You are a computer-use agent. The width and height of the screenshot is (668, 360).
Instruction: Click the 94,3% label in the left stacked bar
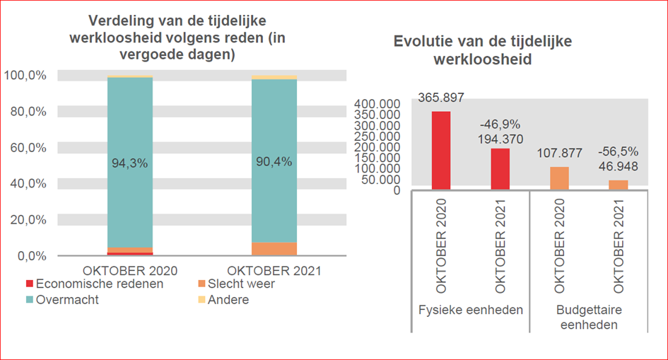point(129,163)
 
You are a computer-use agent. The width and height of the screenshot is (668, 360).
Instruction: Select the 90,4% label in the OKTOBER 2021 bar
point(274,161)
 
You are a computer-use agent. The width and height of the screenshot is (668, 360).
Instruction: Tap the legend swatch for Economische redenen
point(30,284)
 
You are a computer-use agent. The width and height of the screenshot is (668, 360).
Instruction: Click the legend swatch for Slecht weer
point(201,284)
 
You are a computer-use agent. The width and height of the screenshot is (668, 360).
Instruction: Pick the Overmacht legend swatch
point(30,300)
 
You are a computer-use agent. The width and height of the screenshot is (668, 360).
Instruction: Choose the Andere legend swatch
point(201,300)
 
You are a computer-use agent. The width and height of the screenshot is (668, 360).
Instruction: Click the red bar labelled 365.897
point(440,150)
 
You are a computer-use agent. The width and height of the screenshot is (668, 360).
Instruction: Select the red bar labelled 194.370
point(500,168)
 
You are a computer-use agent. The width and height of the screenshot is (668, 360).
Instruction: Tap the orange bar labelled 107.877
point(559,178)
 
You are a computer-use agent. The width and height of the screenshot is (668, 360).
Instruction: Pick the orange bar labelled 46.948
point(618,185)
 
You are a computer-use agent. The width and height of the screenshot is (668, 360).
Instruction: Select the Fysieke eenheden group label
point(470,310)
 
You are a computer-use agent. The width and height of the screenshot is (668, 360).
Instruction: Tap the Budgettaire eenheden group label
point(588,318)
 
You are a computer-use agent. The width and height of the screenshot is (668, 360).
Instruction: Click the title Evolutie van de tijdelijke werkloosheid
point(482,50)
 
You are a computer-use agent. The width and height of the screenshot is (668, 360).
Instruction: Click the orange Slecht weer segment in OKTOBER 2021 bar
point(274,249)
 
